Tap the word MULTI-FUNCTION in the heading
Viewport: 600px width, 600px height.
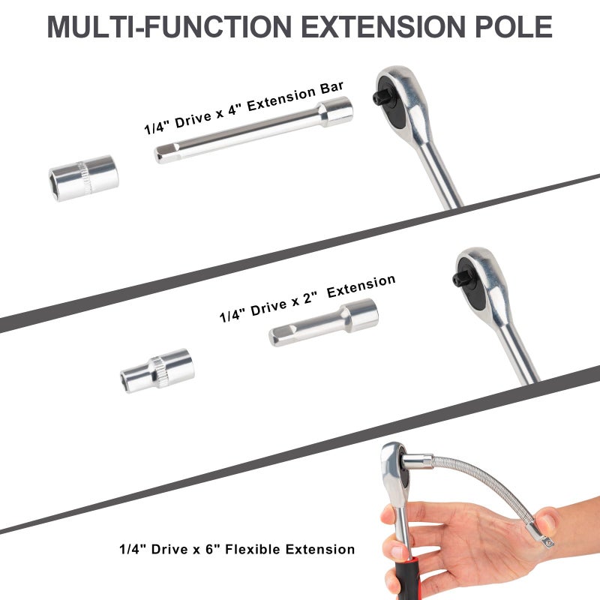(x=169, y=27)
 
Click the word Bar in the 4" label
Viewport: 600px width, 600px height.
(x=331, y=88)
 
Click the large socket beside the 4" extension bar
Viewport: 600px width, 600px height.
(x=84, y=178)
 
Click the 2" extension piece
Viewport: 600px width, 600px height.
(x=324, y=322)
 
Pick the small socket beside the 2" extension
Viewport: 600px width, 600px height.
(x=157, y=370)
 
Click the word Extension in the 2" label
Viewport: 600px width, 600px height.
(x=361, y=286)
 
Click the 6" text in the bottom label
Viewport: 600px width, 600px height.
(x=212, y=549)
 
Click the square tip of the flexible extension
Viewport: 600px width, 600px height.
(x=547, y=541)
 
